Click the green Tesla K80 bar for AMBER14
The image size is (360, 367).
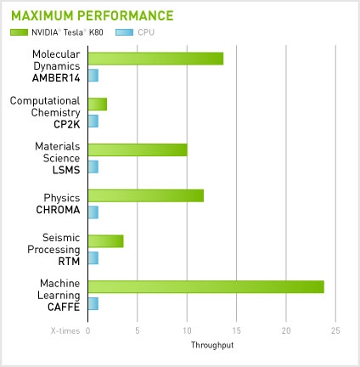pos(155,59)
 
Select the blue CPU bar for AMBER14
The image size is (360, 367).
pos(93,76)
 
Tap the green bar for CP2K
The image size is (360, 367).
pos(98,104)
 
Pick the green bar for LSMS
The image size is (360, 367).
pos(138,150)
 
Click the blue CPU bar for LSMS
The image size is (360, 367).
pos(93,167)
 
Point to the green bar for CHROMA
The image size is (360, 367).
pos(146,195)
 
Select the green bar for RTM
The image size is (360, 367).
pos(105,241)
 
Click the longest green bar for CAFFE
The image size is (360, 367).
pos(206,287)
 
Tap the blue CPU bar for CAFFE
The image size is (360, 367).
pos(93,303)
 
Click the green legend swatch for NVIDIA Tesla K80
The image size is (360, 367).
pos(20,32)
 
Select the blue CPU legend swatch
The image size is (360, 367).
pos(124,32)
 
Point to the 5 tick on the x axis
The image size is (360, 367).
pos(138,330)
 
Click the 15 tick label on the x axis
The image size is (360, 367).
pos(236,330)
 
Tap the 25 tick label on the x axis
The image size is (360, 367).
pos(335,330)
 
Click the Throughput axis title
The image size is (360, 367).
pos(212,345)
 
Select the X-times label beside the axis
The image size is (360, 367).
pos(65,330)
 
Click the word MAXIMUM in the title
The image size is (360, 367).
pos(42,15)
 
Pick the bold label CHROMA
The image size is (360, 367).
pos(58,210)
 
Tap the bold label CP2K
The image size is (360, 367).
pos(67,124)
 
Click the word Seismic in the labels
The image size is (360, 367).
pos(61,238)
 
